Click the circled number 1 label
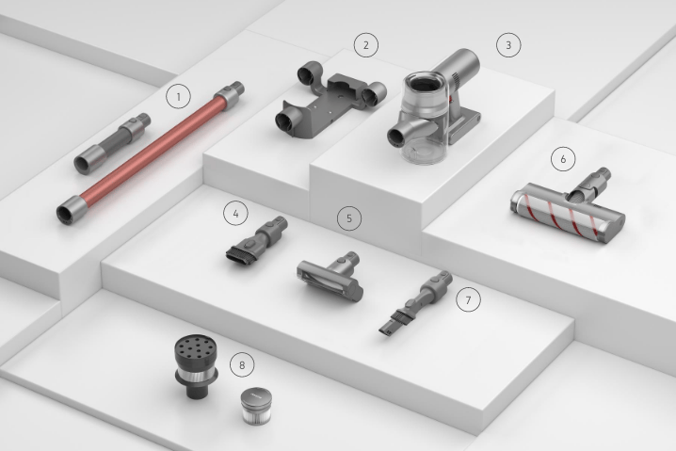179,97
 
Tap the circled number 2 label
366,45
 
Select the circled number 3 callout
508,45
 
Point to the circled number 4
235,213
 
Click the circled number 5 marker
349,218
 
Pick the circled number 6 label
563,159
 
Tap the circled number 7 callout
468,299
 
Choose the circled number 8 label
242,364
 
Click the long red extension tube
151,153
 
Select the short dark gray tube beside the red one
112,143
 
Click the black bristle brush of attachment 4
241,254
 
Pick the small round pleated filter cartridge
256,405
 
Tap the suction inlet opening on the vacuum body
395,137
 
